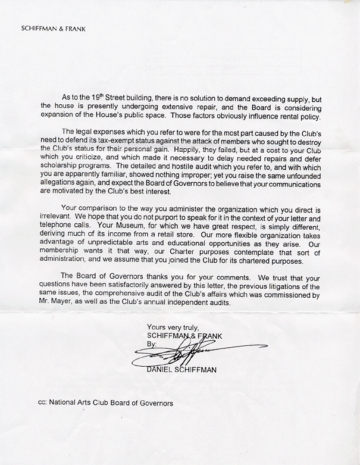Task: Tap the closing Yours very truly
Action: tap(173, 326)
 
